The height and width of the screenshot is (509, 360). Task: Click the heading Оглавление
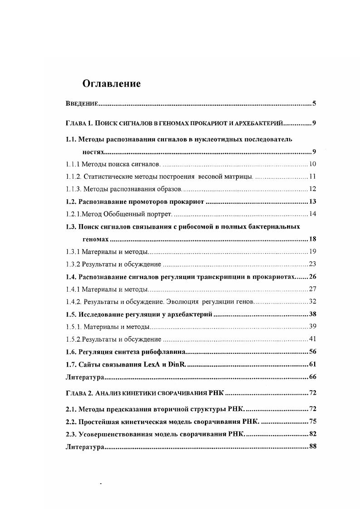[x=111, y=83]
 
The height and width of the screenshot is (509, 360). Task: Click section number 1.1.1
[x=73, y=164]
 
